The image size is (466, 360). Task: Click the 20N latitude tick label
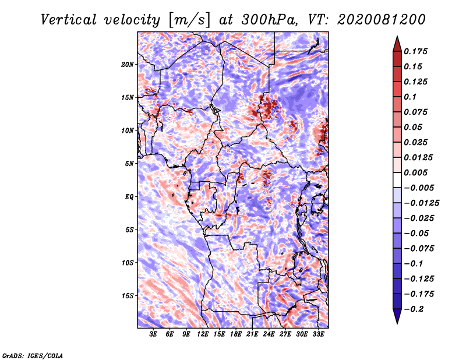(x=128, y=64)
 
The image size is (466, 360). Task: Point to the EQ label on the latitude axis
(x=129, y=197)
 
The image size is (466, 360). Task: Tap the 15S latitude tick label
(x=128, y=296)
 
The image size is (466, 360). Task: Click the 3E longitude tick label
(x=153, y=335)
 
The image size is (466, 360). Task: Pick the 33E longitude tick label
(x=318, y=335)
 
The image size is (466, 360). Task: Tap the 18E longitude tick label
(x=236, y=335)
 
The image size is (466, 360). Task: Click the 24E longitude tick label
(x=269, y=335)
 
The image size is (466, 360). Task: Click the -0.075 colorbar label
(x=420, y=249)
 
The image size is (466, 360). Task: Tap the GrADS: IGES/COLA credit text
(x=33, y=355)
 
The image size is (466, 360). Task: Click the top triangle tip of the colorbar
(x=397, y=37)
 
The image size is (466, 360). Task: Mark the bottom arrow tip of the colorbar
(x=397, y=323)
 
